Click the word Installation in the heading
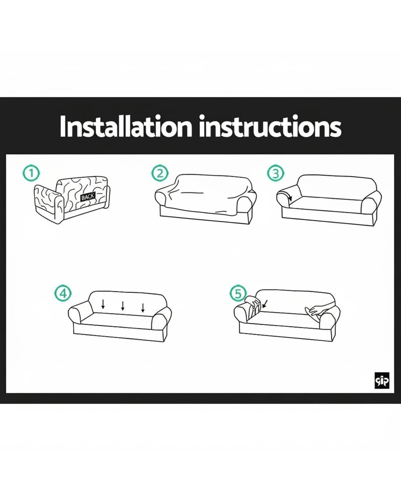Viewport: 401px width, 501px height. [126, 126]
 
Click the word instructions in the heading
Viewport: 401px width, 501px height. [270, 126]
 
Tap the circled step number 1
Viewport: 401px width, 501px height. [31, 173]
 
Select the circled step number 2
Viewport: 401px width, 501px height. [160, 173]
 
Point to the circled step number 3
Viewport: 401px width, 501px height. [275, 173]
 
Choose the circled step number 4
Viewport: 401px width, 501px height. [63, 293]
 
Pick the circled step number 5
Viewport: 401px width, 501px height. [238, 293]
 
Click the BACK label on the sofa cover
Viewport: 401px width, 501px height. [88, 197]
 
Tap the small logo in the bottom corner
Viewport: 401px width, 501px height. [382, 380]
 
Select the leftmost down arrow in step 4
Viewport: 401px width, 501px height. [103, 304]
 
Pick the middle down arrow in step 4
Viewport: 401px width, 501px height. [123, 306]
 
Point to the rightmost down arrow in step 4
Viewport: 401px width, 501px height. [143, 308]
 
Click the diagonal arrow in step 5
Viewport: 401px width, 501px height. [265, 304]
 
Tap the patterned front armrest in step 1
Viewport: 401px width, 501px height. [48, 203]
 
